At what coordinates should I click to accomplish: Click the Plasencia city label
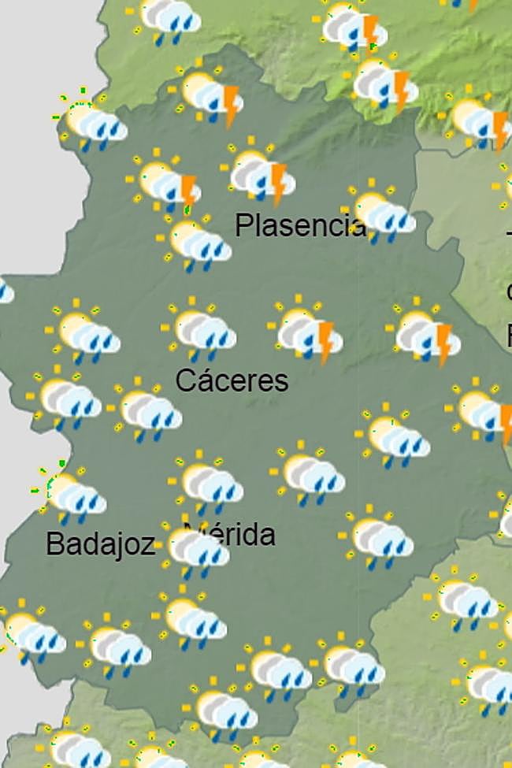300,226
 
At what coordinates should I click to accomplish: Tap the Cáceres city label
232,380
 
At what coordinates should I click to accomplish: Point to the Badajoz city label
100,544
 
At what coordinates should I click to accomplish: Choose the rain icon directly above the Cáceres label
202,331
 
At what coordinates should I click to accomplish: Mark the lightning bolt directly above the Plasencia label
278,183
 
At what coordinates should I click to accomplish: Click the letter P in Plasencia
244,226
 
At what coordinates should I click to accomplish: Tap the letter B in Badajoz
54,544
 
